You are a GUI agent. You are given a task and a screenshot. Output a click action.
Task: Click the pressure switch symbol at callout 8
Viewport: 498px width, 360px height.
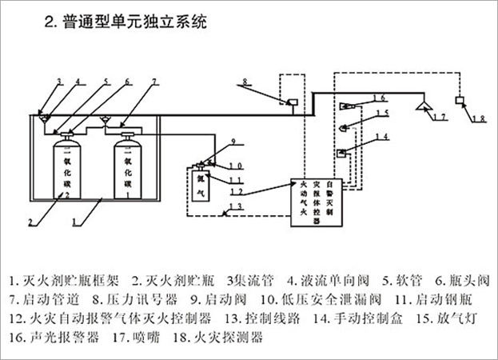293,102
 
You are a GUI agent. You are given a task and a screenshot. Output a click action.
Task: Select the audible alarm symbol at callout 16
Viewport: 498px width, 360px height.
349,105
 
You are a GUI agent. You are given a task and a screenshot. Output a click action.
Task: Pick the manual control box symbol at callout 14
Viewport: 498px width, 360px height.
342,152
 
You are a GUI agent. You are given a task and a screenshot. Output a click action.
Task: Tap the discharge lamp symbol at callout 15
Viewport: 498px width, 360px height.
345,126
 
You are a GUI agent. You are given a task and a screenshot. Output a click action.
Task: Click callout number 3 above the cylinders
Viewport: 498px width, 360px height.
58,82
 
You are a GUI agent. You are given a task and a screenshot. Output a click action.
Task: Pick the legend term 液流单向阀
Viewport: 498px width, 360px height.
331,282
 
